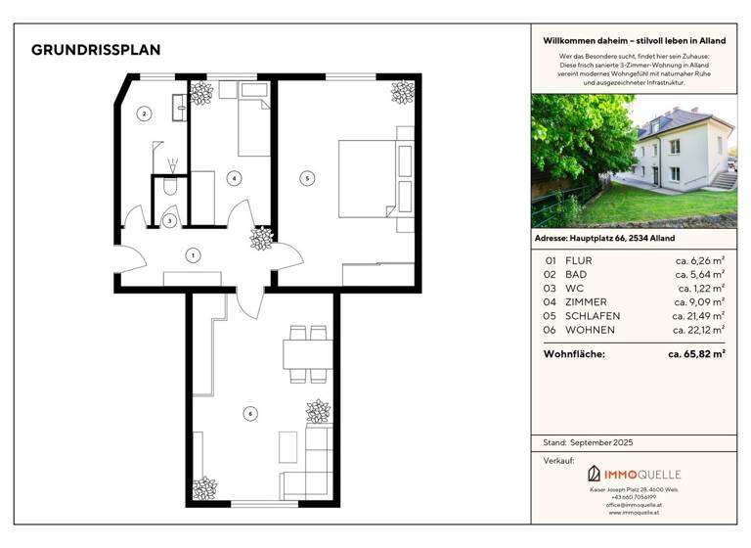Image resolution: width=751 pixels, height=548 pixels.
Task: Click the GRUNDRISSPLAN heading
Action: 96,50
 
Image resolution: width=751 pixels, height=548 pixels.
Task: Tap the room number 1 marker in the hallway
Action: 194,255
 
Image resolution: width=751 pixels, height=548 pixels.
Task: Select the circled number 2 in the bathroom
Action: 145,114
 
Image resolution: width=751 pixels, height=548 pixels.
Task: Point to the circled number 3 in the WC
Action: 170,221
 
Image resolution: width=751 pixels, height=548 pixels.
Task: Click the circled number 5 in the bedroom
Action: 307,178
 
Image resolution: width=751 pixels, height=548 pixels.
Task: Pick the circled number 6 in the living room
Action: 251,414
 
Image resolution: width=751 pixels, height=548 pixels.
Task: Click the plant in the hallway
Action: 261,239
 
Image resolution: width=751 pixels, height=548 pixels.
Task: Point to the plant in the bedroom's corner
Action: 402,93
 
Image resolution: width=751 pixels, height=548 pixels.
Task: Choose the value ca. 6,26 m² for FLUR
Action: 701,261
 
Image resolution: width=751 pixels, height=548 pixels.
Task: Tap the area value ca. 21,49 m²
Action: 698,316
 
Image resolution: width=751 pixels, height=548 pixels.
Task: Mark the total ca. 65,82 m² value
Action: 696,353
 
